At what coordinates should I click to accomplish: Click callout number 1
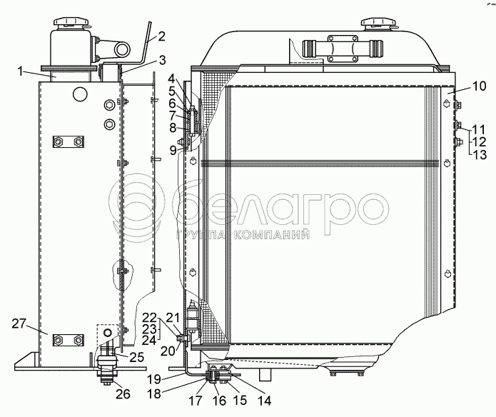click(x=21, y=71)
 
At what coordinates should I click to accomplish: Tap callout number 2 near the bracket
click(x=161, y=36)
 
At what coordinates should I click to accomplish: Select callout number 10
click(x=480, y=86)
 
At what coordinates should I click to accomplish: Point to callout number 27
click(x=19, y=323)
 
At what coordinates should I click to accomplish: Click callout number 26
click(x=123, y=394)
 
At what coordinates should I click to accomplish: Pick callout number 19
click(x=154, y=379)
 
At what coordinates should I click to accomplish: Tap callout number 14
click(x=265, y=401)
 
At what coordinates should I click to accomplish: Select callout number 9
click(x=173, y=150)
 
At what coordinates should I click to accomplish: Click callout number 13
click(x=480, y=155)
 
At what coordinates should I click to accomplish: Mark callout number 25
click(x=137, y=357)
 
